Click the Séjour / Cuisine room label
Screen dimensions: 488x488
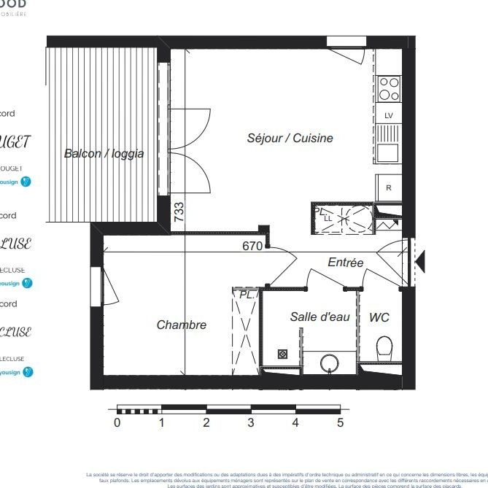pyautogui.click(x=290, y=138)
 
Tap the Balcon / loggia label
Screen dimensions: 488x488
pyautogui.click(x=104, y=153)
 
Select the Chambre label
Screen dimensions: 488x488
pyautogui.click(x=181, y=325)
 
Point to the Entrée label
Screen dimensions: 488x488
pyautogui.click(x=345, y=263)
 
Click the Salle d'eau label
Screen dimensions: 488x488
pyautogui.click(x=319, y=317)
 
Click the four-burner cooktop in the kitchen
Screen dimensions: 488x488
pyautogui.click(x=389, y=88)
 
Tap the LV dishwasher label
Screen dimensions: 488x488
pyautogui.click(x=388, y=115)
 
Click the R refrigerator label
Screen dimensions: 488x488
pyautogui.click(x=389, y=187)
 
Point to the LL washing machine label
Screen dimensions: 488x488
pyautogui.click(x=328, y=218)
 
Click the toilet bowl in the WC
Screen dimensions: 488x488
pyautogui.click(x=384, y=348)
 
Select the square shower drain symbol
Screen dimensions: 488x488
pyautogui.click(x=283, y=354)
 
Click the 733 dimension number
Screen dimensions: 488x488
pyautogui.click(x=179, y=212)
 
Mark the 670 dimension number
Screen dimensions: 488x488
pyautogui.click(x=252, y=246)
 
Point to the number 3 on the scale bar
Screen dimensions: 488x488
pyautogui.click(x=251, y=422)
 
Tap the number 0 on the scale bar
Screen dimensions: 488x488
pyautogui.click(x=117, y=422)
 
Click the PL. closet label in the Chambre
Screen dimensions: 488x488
pyautogui.click(x=246, y=294)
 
